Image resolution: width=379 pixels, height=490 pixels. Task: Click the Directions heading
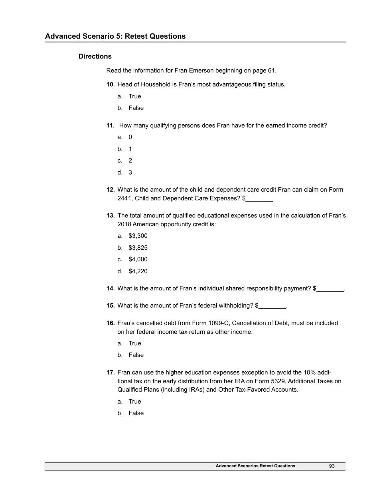click(x=95, y=56)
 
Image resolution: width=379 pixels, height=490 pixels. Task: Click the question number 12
click(x=111, y=190)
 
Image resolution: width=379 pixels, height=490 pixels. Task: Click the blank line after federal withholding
click(x=272, y=306)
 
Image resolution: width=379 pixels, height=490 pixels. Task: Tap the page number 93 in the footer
click(x=332, y=466)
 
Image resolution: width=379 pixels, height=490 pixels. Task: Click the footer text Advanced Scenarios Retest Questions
click(x=255, y=466)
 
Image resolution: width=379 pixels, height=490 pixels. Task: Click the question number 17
click(x=111, y=372)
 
